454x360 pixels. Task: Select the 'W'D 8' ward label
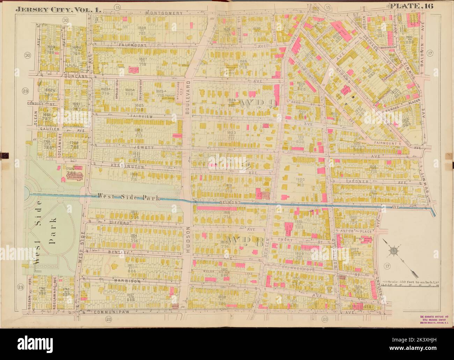pyautogui.click(x=244, y=242)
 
